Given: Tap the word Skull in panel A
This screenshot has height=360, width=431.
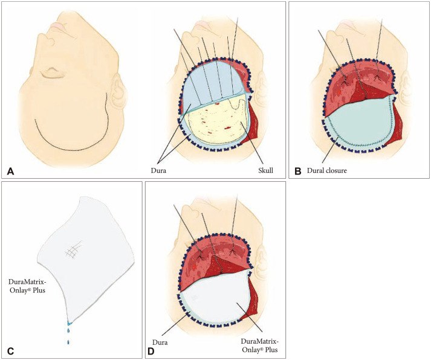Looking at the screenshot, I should coord(264,171).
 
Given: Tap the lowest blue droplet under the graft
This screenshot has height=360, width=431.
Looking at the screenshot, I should coord(68,343).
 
